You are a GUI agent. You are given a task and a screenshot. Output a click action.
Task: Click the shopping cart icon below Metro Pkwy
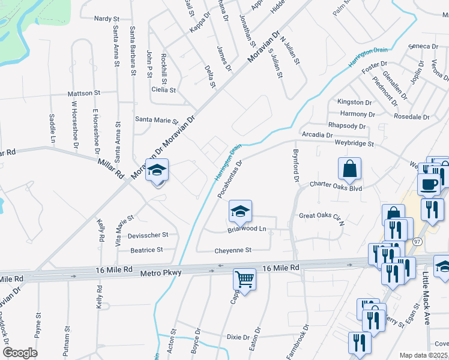tap(244, 279)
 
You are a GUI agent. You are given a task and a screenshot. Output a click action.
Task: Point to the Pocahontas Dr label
tap(229, 179)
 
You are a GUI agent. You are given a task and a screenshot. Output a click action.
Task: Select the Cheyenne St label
tap(233, 250)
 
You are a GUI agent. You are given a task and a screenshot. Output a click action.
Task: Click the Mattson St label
tap(83, 94)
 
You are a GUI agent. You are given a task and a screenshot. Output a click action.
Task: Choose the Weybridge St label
tap(354, 144)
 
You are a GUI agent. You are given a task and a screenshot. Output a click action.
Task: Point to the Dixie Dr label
tap(238, 337)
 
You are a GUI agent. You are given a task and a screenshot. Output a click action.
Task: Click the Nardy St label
tap(107, 19)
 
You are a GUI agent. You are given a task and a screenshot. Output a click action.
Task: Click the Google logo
tap(20, 353)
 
